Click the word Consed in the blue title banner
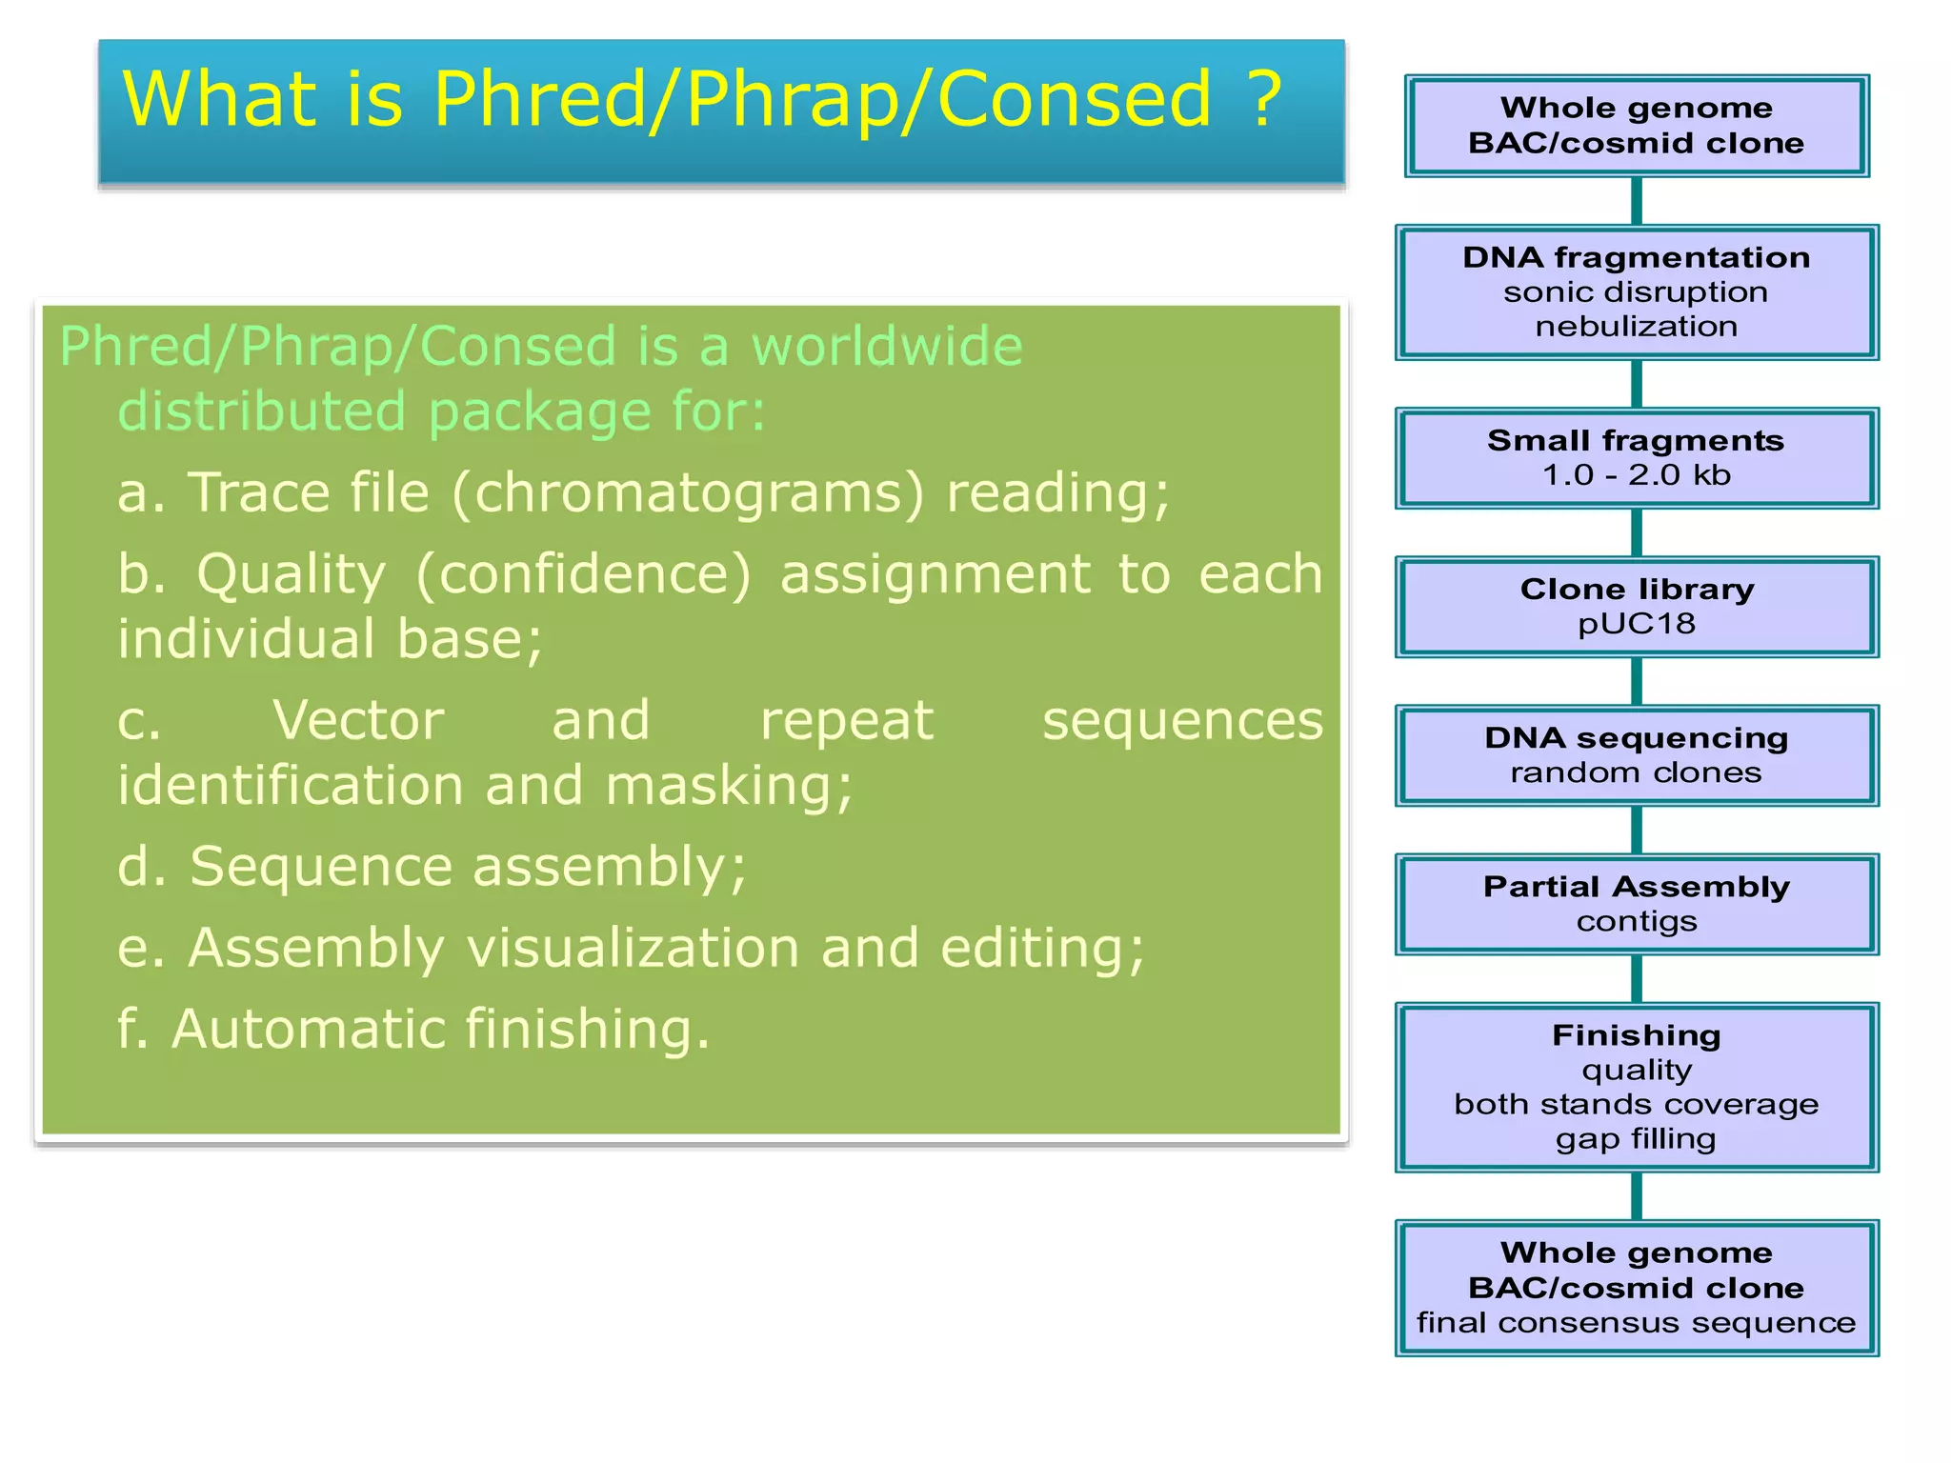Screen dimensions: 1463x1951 1074,99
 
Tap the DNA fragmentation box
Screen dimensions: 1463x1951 1636,291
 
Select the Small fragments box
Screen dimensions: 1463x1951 1636,457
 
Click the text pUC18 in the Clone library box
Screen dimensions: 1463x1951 1636,624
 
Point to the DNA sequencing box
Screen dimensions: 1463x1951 1636,754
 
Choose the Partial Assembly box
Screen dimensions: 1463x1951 1636,903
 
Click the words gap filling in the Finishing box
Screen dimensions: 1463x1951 1636,1139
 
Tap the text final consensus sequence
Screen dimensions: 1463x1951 1636,1323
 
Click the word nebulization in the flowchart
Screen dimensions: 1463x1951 1636,327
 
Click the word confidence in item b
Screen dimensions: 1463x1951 584,574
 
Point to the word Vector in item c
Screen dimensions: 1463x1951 358,720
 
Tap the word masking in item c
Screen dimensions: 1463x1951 729,786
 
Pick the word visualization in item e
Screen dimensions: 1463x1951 633,949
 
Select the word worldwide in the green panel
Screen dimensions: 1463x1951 887,346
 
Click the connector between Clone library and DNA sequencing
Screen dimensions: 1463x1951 1636,681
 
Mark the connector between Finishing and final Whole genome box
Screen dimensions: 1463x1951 1636,1195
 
